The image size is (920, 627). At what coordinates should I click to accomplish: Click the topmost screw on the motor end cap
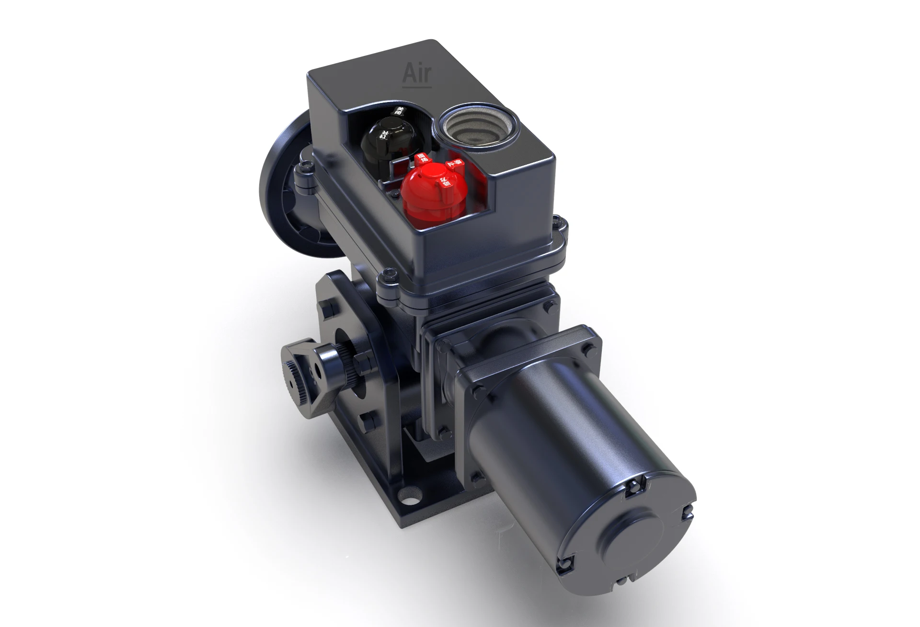(632, 487)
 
